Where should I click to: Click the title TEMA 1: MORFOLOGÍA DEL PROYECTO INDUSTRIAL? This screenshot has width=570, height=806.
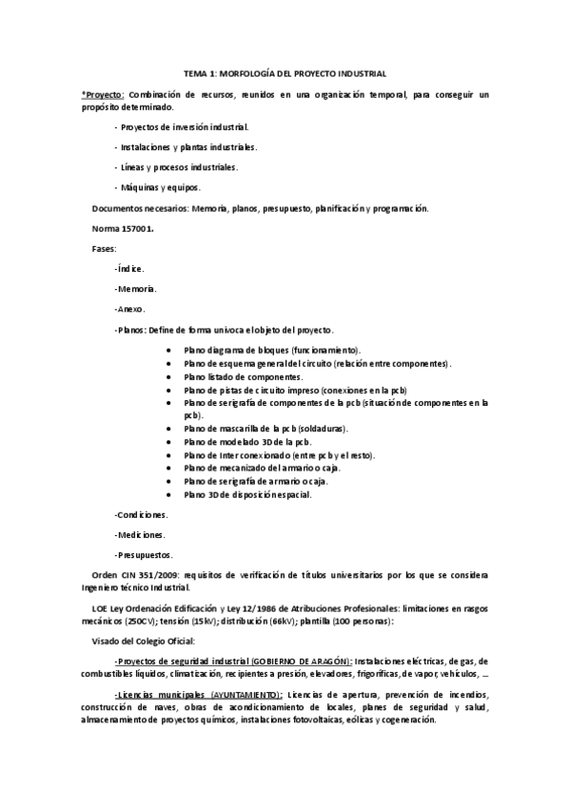click(285, 73)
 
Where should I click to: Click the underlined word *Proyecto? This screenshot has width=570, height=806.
click(103, 96)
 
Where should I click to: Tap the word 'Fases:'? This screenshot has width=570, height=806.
click(103, 248)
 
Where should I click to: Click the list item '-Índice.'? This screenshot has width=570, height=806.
click(129, 269)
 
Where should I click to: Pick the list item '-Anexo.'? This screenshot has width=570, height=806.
click(129, 309)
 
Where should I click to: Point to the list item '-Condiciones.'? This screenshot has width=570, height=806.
click(141, 514)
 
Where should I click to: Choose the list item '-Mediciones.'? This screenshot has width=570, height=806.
click(139, 534)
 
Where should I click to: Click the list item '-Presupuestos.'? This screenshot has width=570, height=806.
click(145, 554)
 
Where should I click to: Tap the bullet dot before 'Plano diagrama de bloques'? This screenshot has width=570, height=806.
click(168, 351)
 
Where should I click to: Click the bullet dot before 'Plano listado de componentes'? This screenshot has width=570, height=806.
click(168, 377)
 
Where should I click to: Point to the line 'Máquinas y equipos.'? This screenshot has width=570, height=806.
click(157, 186)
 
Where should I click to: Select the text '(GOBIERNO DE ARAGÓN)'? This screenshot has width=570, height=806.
click(296, 662)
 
